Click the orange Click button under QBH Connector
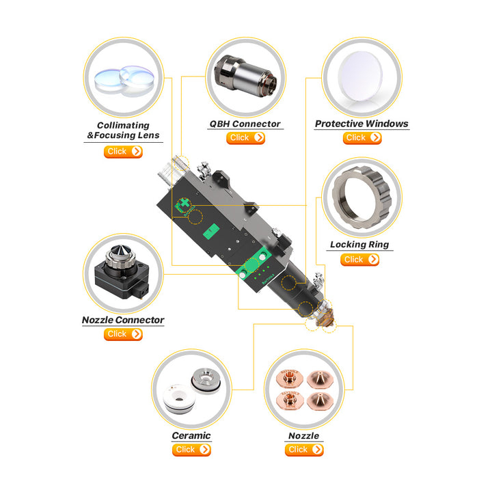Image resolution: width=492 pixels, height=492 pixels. [246, 138]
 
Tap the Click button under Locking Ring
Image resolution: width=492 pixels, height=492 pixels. [359, 260]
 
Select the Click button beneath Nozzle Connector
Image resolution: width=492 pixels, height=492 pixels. [123, 334]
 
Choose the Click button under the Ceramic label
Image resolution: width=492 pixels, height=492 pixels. [191, 450]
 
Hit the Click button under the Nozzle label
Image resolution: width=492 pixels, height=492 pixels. [304, 450]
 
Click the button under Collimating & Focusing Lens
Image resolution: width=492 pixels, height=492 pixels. [123, 152]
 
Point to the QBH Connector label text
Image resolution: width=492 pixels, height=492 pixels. [245, 124]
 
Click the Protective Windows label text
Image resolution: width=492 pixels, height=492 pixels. [361, 124]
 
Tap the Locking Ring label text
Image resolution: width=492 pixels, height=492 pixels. [359, 245]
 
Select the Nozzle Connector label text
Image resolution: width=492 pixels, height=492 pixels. [123, 320]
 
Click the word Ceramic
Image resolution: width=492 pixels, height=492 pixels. [191, 435]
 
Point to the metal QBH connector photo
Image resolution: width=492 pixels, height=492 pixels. [245, 76]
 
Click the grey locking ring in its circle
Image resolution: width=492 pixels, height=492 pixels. [361, 197]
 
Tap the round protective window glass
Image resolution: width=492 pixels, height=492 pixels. [360, 77]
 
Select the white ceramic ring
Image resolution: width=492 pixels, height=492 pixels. [179, 398]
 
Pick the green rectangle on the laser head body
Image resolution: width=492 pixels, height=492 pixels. [211, 232]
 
